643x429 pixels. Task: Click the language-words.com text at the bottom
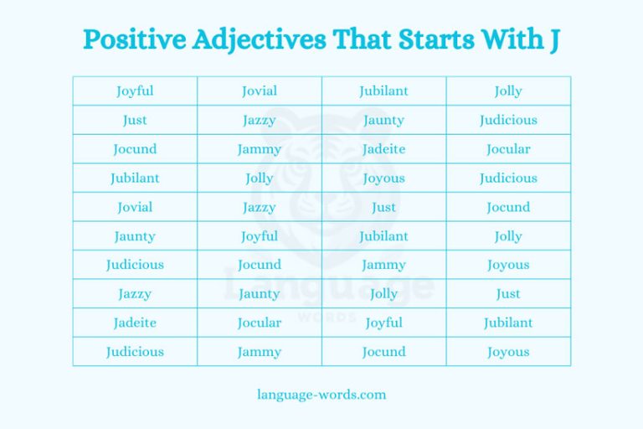tap(321, 394)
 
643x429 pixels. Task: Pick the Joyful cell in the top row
tap(135, 91)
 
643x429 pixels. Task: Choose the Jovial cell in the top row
tap(260, 91)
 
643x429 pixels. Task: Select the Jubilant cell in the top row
tap(383, 91)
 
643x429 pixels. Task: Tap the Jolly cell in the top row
tap(508, 91)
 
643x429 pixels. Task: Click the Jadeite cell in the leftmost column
tap(135, 323)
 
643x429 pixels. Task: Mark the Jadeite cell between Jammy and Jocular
tap(383, 149)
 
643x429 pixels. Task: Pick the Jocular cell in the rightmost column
tap(508, 149)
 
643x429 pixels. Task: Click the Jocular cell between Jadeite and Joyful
tap(260, 323)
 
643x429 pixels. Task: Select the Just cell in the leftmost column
tap(135, 120)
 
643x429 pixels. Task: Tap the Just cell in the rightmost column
tap(508, 294)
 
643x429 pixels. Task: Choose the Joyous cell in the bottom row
tap(508, 352)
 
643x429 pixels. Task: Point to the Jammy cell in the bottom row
tap(260, 352)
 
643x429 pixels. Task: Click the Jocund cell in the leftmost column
tap(135, 149)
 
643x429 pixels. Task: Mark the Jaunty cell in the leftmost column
tap(135, 236)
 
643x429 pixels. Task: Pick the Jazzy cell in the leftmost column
tap(135, 294)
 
